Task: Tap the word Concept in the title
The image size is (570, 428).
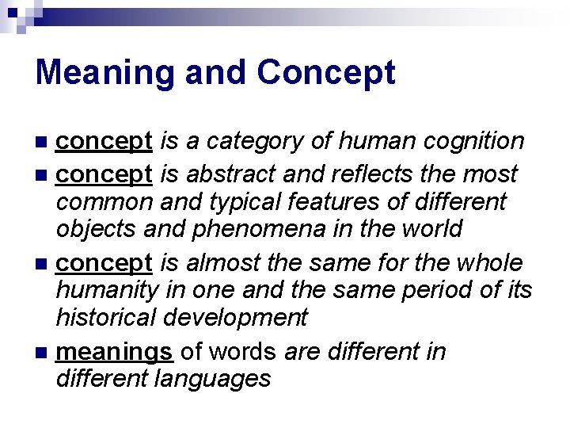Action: click(326, 73)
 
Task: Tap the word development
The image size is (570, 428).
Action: click(235, 318)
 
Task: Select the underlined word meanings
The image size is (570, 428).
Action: click(115, 351)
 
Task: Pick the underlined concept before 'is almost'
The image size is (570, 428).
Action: click(104, 262)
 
